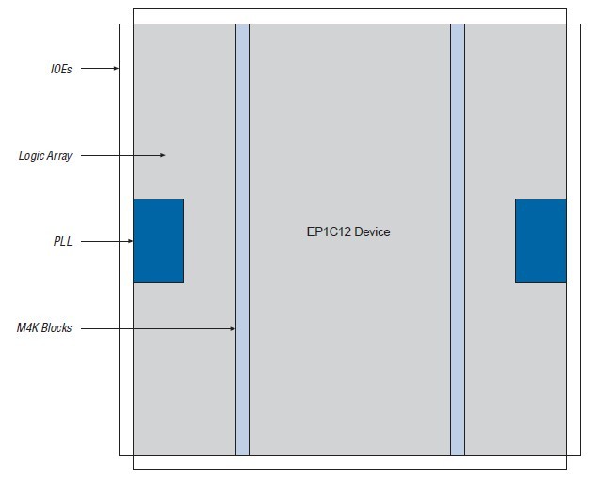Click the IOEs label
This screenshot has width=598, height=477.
tap(60, 69)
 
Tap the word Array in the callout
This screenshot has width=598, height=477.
tap(58, 155)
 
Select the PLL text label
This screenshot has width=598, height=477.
tap(63, 242)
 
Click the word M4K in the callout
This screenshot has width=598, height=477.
tap(27, 328)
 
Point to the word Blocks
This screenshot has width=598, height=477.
tap(57, 328)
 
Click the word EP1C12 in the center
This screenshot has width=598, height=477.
tap(317, 231)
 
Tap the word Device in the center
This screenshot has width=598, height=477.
tap(368, 231)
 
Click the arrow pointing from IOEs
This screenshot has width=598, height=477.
tap(99, 69)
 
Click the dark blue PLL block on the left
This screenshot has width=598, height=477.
tap(157, 241)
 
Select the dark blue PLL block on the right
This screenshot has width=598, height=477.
tap(541, 241)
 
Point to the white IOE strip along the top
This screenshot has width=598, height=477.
tap(349, 16)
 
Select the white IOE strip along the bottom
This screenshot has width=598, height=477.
tap(349, 462)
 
